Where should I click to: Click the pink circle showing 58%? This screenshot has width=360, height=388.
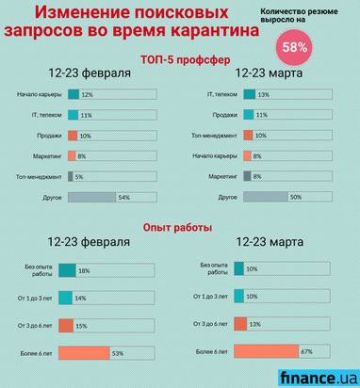(294, 46)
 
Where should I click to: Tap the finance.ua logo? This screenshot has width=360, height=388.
(318, 377)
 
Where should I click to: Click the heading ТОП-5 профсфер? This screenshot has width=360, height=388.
(179, 59)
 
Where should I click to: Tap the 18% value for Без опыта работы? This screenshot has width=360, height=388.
(84, 270)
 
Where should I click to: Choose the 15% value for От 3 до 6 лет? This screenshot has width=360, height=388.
(81, 326)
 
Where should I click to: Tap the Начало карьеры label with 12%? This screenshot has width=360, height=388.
(39, 95)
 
